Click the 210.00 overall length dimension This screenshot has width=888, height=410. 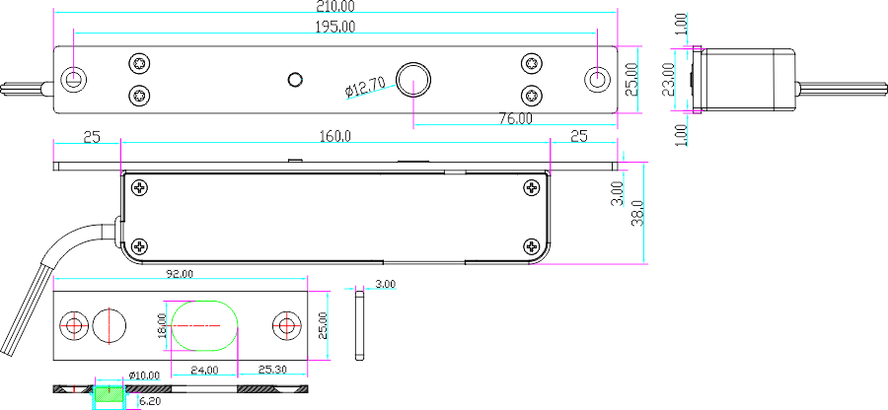(335, 6)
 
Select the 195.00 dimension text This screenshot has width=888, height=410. (335, 27)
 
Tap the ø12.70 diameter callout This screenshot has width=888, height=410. (366, 89)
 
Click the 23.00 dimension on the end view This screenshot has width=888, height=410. (668, 80)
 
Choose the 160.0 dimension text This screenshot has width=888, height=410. (335, 136)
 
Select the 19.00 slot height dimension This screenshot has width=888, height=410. (161, 325)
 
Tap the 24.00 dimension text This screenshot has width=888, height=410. (204, 370)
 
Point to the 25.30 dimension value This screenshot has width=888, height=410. (272, 370)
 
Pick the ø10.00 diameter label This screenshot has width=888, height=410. (144, 376)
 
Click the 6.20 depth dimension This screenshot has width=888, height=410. (150, 401)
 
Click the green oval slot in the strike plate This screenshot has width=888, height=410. (204, 325)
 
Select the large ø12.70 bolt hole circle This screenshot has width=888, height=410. (412, 78)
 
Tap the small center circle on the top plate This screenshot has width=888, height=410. (293, 78)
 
